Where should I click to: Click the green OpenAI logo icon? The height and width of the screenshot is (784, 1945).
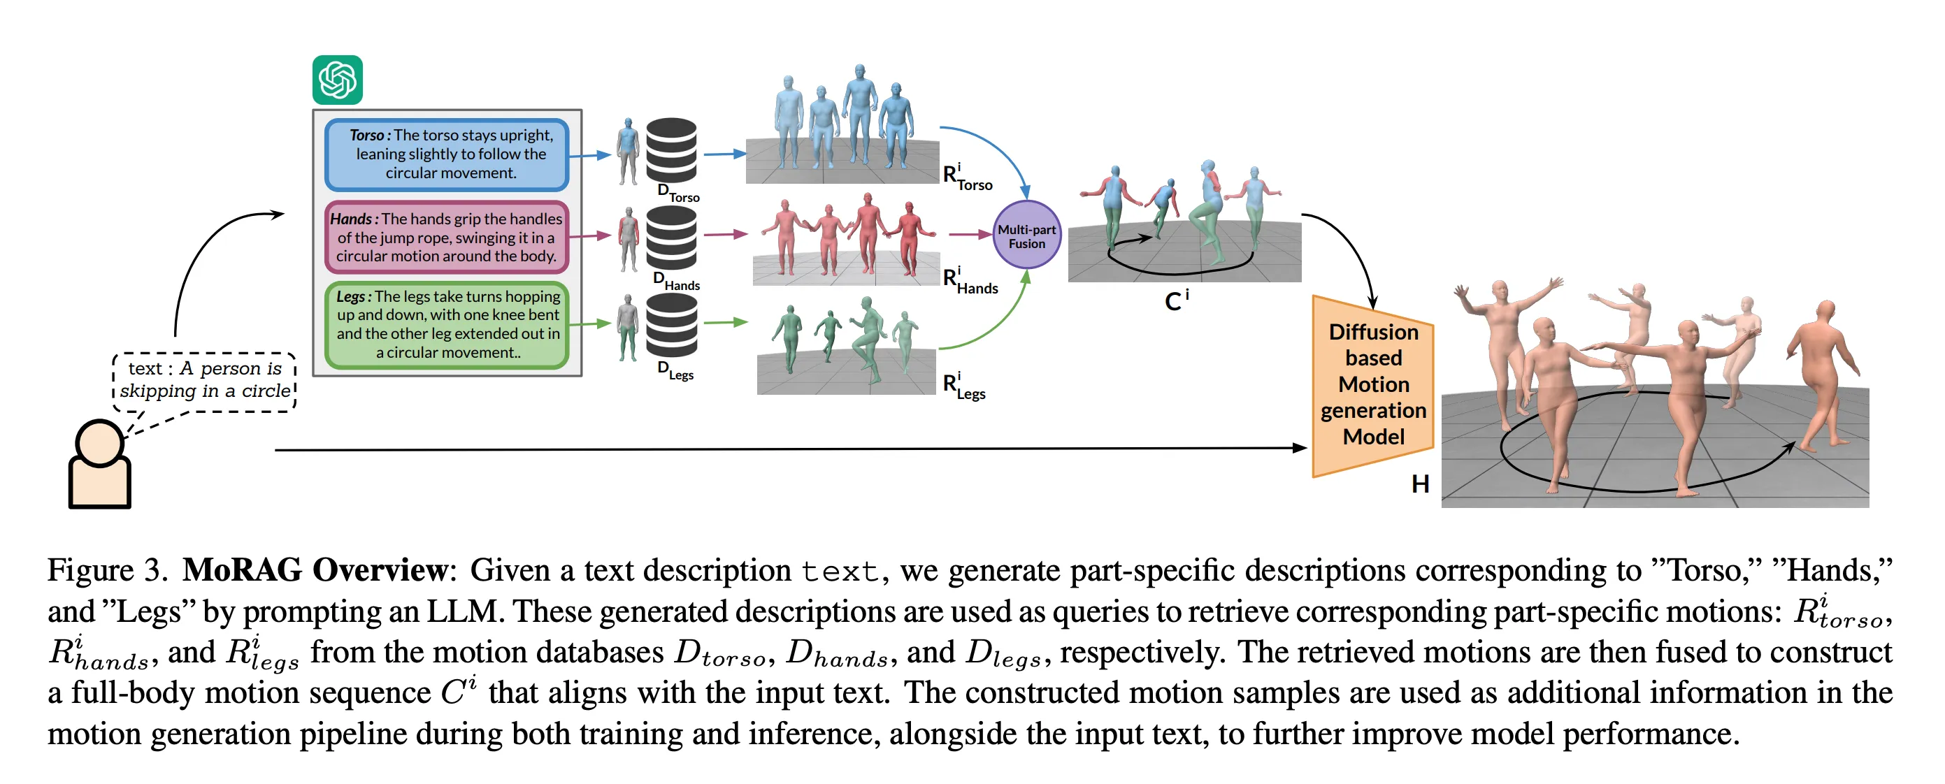tap(338, 79)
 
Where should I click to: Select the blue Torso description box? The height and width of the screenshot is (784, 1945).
tap(446, 154)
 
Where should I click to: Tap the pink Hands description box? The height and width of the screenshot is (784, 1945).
tap(446, 237)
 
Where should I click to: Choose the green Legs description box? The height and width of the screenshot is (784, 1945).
tap(446, 324)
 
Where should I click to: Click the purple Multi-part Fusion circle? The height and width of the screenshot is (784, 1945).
tap(1026, 235)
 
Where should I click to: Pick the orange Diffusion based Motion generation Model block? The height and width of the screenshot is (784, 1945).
tap(1372, 385)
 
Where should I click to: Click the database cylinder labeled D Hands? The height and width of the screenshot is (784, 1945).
tap(671, 238)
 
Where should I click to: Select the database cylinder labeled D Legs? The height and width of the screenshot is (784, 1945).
tap(671, 326)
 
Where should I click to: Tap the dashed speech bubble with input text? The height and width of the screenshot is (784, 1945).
tap(205, 380)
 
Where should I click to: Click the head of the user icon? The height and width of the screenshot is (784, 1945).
tap(99, 442)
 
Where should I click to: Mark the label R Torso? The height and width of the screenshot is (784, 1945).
tap(967, 177)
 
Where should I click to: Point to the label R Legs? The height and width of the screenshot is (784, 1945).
tap(964, 386)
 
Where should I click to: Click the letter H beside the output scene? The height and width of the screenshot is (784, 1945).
tap(1419, 484)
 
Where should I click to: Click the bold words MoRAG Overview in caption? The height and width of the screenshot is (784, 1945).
tap(315, 569)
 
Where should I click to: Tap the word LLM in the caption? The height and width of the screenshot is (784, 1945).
tap(464, 611)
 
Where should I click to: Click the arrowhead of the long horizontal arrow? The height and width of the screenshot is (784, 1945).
tap(1300, 448)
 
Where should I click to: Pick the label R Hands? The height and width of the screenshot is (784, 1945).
tap(970, 281)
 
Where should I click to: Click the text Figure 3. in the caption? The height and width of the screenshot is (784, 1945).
tap(106, 569)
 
